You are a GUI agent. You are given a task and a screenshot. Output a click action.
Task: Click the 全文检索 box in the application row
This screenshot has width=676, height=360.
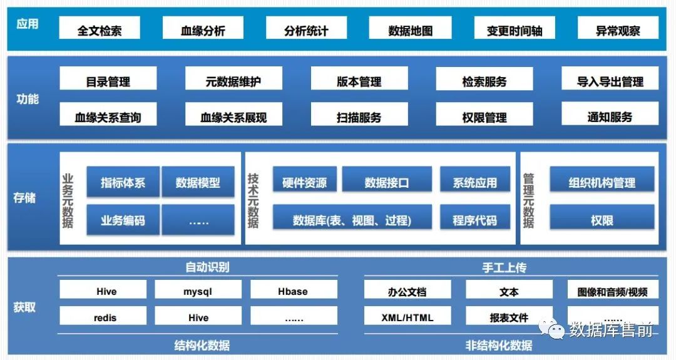[100, 30]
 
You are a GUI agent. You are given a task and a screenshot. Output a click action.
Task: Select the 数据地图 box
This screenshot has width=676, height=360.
[410, 30]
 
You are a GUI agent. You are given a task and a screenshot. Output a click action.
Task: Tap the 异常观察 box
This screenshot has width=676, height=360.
[618, 30]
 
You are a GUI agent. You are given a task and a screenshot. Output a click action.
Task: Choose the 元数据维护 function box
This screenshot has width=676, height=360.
[233, 81]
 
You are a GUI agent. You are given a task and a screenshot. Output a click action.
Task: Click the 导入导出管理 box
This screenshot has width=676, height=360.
[610, 81]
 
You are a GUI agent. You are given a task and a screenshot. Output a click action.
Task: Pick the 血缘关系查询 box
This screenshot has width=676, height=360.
[108, 117]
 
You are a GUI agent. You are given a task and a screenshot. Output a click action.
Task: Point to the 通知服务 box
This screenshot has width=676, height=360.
[610, 116]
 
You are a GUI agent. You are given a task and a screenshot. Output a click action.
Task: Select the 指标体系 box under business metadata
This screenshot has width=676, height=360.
[123, 183]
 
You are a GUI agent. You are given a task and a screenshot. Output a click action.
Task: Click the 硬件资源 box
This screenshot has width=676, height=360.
[304, 183]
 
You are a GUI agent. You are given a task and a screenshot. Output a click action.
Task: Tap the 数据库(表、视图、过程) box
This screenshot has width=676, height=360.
[352, 220]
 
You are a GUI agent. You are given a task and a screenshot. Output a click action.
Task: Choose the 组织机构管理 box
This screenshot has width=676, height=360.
[602, 183]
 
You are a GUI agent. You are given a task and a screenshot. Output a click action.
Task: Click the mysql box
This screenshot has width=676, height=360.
[198, 291]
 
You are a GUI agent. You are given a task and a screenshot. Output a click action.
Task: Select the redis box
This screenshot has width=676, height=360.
[105, 317]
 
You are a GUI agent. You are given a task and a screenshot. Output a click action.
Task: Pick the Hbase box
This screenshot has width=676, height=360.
[293, 291]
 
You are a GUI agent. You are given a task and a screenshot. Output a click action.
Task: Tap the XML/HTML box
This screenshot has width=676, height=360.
[407, 317]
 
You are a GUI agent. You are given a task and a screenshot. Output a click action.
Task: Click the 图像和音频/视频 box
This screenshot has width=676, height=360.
[612, 291]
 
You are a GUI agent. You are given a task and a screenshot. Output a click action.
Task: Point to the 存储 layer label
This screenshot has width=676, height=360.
[25, 198]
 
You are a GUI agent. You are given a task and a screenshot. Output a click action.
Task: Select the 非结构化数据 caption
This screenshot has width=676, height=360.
[499, 345]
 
